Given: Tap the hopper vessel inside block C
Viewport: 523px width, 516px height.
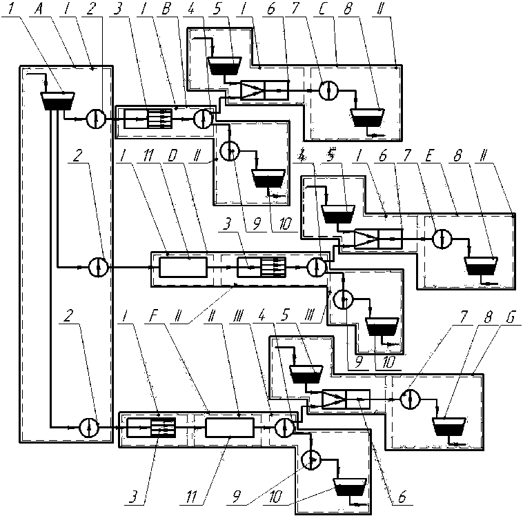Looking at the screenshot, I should tap(370, 117).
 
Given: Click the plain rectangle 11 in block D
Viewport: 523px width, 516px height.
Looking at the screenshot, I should tap(183, 266).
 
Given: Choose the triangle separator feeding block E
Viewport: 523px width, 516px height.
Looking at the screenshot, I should tap(366, 239).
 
